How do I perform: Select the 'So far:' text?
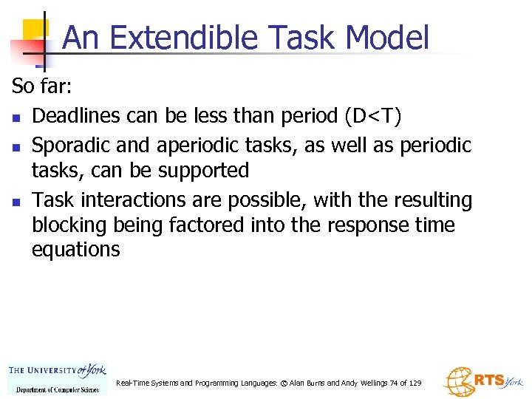tap(41, 86)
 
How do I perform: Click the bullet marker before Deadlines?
tap(16, 117)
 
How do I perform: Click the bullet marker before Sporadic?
tap(16, 146)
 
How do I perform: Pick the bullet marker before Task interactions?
tap(16, 202)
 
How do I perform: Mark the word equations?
tap(75, 250)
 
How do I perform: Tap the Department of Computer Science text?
tap(57, 389)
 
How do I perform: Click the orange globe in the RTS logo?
tap(457, 383)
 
